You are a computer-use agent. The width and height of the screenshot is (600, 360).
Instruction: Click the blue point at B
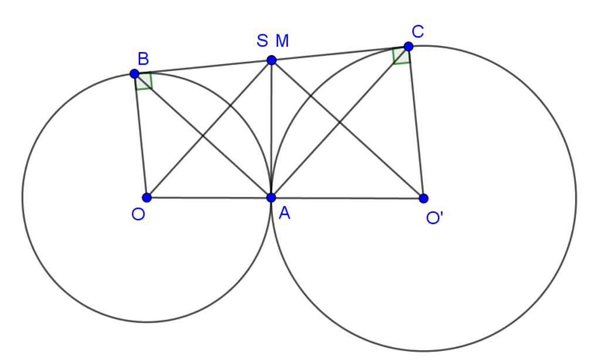pyautogui.click(x=135, y=74)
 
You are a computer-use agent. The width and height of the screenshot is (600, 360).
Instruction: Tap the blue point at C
pyautogui.click(x=408, y=46)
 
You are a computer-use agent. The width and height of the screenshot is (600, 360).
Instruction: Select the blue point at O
pyautogui.click(x=147, y=198)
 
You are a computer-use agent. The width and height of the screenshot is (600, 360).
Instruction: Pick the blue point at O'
pyautogui.click(x=424, y=199)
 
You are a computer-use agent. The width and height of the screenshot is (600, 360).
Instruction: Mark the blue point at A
pyautogui.click(x=271, y=198)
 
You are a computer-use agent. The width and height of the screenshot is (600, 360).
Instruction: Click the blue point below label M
pyautogui.click(x=271, y=60)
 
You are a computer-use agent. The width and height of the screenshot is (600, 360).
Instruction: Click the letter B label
pyautogui.click(x=143, y=58)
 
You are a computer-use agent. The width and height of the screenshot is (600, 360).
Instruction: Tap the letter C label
pyautogui.click(x=418, y=31)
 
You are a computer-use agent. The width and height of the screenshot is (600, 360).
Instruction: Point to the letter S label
pyautogui.click(x=262, y=41)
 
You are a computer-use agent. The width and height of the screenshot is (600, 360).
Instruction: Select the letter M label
pyautogui.click(x=282, y=41)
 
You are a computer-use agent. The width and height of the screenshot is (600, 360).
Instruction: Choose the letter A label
pyautogui.click(x=285, y=214)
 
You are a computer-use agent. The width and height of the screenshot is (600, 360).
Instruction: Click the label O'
pyautogui.click(x=435, y=218)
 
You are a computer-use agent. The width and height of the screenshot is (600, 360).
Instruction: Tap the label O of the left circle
pyautogui.click(x=138, y=215)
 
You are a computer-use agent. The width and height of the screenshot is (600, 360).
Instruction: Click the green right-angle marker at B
pyautogui.click(x=144, y=81)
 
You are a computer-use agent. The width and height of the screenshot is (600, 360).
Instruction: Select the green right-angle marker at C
pyautogui.click(x=401, y=56)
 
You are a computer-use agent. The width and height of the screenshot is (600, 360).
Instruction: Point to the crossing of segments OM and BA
pyautogui.click(x=203, y=135)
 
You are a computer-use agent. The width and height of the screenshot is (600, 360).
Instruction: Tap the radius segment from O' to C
pyautogui.click(x=416, y=123)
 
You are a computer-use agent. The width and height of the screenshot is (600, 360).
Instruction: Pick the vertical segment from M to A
pyautogui.click(x=271, y=129)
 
